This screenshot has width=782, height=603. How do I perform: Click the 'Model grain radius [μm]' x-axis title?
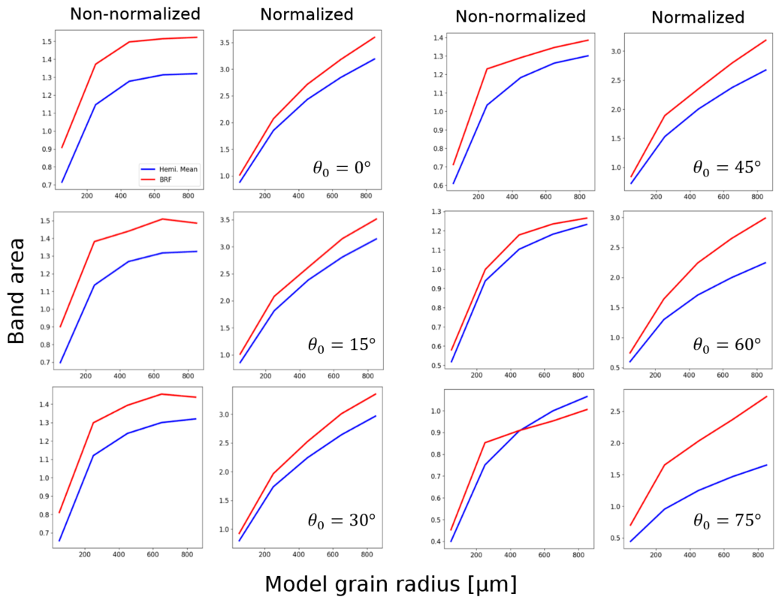click(x=391, y=583)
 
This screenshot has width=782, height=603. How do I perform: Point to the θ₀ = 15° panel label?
click(x=341, y=345)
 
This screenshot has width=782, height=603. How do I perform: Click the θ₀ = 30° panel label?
click(x=341, y=520)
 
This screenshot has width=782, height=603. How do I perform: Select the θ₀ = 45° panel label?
click(x=726, y=167)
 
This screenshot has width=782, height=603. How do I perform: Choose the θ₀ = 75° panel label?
click(x=726, y=520)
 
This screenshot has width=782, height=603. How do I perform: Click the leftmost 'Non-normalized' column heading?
click(x=135, y=14)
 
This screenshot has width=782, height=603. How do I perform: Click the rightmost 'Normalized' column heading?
click(x=698, y=17)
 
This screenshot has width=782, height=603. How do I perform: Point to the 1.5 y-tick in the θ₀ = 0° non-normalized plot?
click(x=44, y=42)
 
